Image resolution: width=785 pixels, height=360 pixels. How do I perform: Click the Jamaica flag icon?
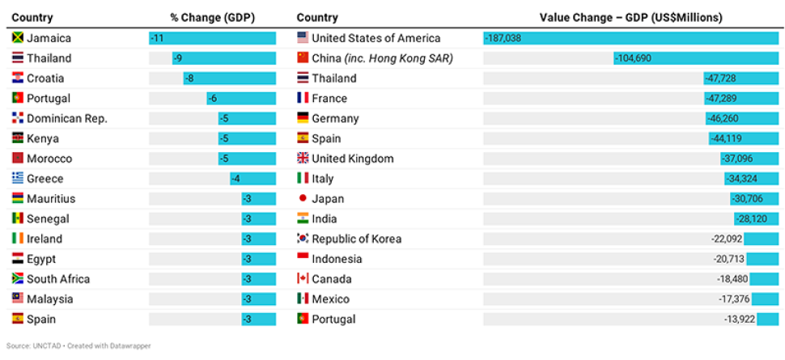17,38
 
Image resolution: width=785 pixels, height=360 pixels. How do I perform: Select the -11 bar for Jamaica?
212,38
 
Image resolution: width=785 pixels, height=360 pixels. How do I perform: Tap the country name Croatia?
45,78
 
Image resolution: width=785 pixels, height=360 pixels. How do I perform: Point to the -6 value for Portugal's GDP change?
212,99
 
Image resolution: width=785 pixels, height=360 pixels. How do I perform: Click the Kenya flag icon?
17,138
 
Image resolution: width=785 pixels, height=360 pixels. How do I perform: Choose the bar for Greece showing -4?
252,179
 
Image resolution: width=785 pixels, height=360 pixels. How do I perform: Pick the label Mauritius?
51,199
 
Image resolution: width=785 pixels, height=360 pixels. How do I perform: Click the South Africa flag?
17,279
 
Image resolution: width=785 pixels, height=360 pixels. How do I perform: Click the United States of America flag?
303,38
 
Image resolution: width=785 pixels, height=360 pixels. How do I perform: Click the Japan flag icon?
303,199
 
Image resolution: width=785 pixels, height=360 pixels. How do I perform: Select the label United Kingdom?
352,159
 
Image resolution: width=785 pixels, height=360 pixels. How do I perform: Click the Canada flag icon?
303,279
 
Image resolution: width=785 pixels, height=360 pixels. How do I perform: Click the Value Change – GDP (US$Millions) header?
630,18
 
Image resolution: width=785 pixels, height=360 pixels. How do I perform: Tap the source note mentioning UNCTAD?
78,345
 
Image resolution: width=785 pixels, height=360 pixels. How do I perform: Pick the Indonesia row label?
337,259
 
